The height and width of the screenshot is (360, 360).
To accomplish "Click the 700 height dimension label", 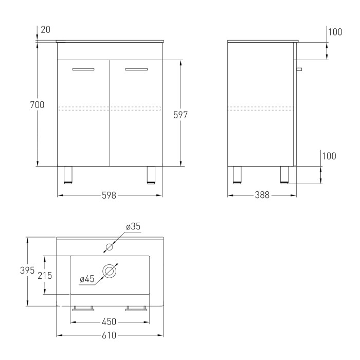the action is click(37, 105).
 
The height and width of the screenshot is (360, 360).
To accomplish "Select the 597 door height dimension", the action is click(181, 115).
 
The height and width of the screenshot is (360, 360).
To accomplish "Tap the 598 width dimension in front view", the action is click(109, 195).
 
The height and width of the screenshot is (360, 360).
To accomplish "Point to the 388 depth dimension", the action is click(262, 195).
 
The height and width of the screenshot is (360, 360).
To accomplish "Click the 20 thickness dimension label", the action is click(45, 30).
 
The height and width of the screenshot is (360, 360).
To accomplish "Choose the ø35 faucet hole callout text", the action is click(133, 226).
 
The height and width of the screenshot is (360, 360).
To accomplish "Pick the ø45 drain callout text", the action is click(87, 279).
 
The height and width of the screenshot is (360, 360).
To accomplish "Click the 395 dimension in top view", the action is click(27, 270).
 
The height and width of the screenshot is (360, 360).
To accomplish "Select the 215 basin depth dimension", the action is click(45, 276).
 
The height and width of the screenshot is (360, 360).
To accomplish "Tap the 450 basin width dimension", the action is click(109, 322).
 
